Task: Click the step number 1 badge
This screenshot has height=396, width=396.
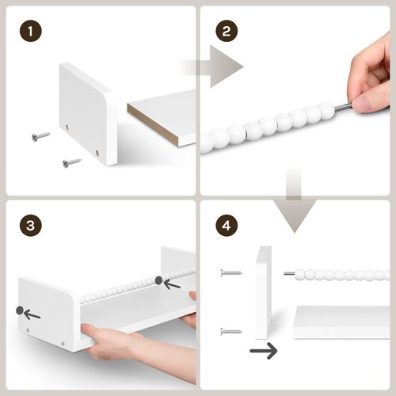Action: [31, 31]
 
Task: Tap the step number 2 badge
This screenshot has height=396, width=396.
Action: [227, 31]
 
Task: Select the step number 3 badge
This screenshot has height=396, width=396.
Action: [31, 225]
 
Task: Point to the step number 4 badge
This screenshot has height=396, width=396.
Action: [227, 225]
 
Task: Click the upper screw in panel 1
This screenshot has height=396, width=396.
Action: [41, 136]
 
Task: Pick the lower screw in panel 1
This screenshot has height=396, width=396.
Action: [72, 162]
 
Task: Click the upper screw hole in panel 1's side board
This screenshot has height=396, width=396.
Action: [67, 128]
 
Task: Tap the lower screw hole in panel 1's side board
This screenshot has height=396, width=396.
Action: [97, 152]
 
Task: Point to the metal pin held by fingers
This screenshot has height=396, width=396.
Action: [344, 107]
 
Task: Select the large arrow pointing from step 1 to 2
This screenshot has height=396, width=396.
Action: [211, 67]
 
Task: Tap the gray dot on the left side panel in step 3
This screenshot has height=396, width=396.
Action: [20, 310]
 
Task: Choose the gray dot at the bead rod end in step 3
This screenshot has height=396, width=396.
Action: [158, 280]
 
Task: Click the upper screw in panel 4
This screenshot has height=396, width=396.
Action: [231, 272]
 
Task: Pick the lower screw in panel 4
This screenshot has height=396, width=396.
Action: [231, 331]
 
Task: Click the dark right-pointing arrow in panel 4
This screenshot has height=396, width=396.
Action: [264, 351]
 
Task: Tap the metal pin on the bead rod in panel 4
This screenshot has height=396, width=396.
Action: [290, 273]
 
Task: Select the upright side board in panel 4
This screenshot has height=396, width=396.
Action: [263, 292]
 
